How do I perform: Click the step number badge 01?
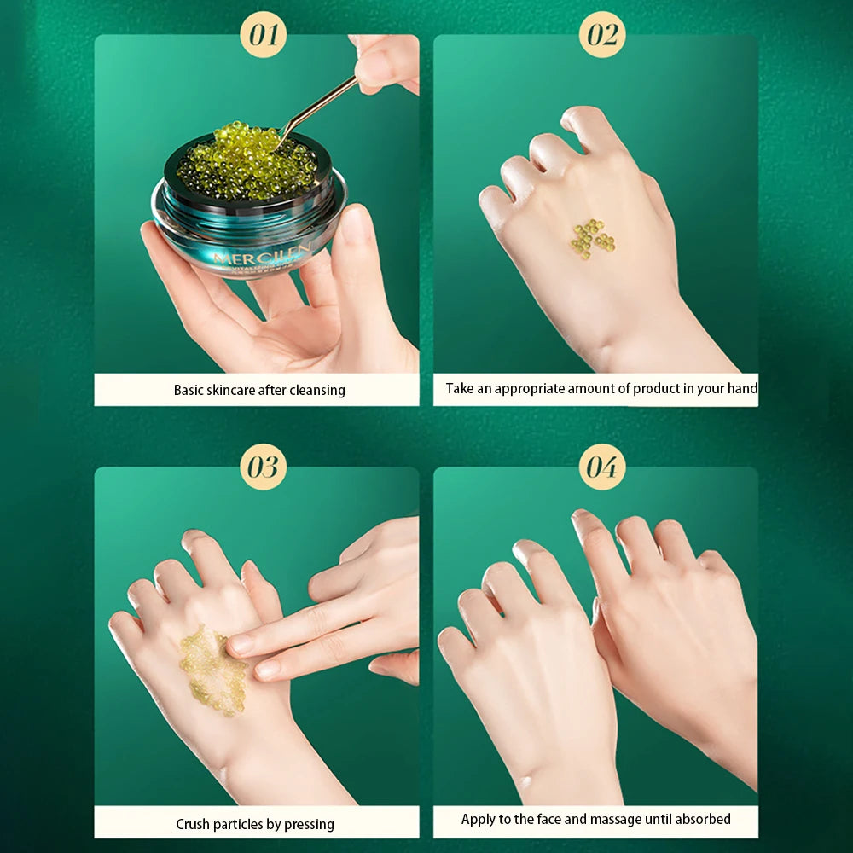(264, 35)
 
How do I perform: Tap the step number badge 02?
(602, 35)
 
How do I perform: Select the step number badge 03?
(264, 467)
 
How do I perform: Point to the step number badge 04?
(602, 467)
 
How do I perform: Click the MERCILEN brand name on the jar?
(263, 257)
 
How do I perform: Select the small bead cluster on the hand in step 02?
(592, 239)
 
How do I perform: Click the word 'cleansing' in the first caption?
(316, 391)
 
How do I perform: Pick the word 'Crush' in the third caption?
(194, 824)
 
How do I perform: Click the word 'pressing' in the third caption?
(309, 824)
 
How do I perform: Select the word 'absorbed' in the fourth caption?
(700, 820)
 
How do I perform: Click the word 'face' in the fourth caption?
(548, 820)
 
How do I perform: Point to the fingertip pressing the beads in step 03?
(239, 645)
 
